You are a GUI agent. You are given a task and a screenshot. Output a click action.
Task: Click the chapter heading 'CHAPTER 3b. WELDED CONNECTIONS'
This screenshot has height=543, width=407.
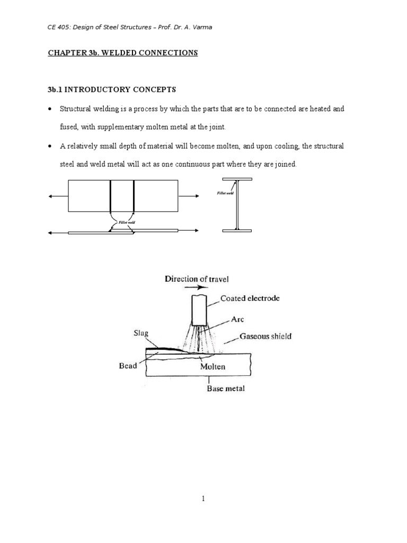click(x=123, y=53)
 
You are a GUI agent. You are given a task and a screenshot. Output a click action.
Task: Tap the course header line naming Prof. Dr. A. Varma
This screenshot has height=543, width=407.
click(x=129, y=28)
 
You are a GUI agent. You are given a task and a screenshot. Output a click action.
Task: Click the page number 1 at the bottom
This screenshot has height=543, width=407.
click(x=203, y=498)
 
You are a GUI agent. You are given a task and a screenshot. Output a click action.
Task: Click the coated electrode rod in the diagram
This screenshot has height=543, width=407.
click(x=200, y=310)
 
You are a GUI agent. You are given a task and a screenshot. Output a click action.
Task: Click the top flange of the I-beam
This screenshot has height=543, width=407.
click(x=237, y=179)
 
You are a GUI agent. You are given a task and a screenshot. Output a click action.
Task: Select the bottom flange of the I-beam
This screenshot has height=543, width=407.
click(x=237, y=230)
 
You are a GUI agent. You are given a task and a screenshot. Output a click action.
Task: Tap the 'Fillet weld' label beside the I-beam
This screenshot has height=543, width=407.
click(x=225, y=194)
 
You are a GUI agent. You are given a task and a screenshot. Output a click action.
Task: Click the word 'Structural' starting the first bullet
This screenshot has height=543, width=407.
click(x=75, y=109)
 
